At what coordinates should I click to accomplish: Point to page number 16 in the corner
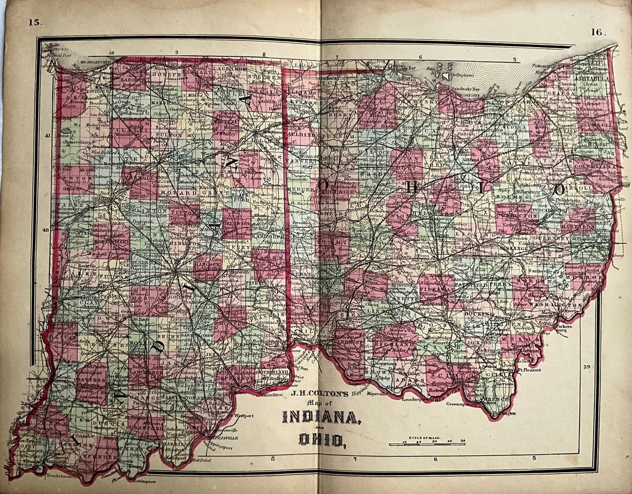pos(598,32)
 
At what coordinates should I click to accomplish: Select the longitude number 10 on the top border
pos(112,53)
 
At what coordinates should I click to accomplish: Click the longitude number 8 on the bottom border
pos(273,458)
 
